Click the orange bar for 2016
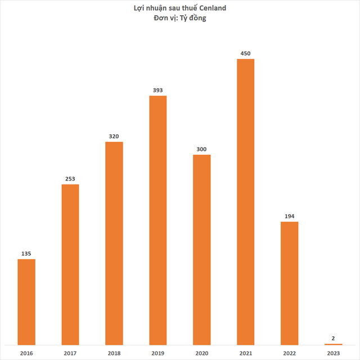[26, 301]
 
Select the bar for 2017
[70, 264]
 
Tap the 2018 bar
[114, 243]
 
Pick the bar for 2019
[158, 220]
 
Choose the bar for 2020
[202, 249]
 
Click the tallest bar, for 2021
[246, 201]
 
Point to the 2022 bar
[290, 283]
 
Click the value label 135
[26, 253]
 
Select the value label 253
[70, 178]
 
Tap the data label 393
[158, 90]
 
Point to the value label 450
[246, 53]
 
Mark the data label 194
[290, 216]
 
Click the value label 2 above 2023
[334, 338]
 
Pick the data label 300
[202, 149]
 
